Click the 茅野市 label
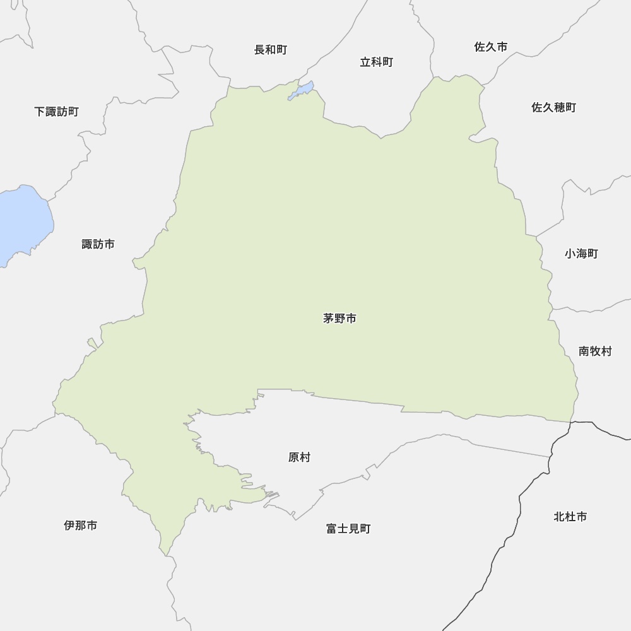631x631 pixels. pyautogui.click(x=339, y=319)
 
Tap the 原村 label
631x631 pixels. pyautogui.click(x=299, y=457)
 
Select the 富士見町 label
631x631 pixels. pyautogui.click(x=348, y=529)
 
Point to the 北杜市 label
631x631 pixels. pyautogui.click(x=570, y=517)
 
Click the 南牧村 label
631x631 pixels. pyautogui.click(x=595, y=351)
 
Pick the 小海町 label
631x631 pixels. pyautogui.click(x=581, y=254)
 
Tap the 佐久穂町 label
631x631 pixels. pyautogui.click(x=553, y=107)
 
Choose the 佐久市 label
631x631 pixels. pyautogui.click(x=490, y=47)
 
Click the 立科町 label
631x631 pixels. pyautogui.click(x=376, y=62)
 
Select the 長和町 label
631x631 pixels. pyautogui.click(x=270, y=50)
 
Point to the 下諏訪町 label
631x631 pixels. pyautogui.click(x=56, y=112)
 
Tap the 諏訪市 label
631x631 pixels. pyautogui.click(x=98, y=244)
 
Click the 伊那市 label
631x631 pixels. pyautogui.click(x=81, y=525)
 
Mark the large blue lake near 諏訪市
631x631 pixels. pyautogui.click(x=22, y=221)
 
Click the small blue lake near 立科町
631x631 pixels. pyautogui.click(x=302, y=91)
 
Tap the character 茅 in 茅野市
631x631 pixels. pyautogui.click(x=329, y=319)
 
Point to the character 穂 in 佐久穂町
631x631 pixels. pyautogui.click(x=559, y=107)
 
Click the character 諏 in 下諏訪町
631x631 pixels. pyautogui.click(x=50, y=112)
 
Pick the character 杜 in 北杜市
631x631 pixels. pyautogui.click(x=570, y=517)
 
